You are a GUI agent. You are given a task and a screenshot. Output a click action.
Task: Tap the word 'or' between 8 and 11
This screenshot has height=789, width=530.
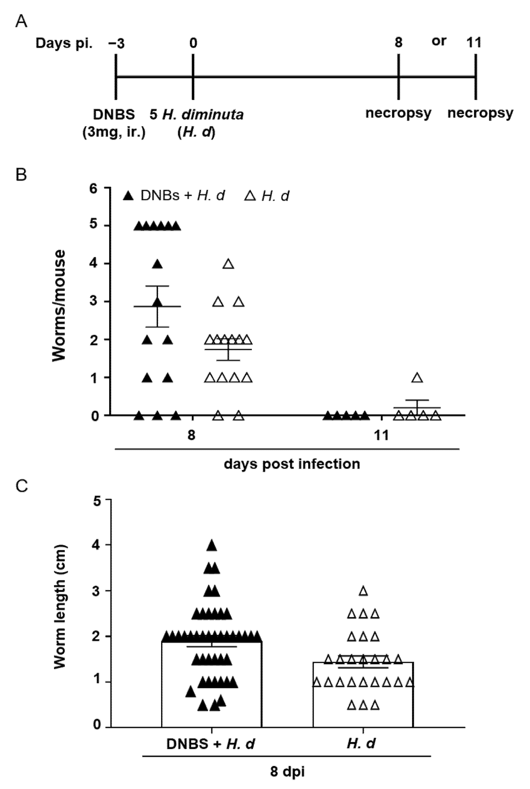[439, 41]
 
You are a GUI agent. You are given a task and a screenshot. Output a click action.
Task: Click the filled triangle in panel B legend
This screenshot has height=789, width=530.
[128, 196]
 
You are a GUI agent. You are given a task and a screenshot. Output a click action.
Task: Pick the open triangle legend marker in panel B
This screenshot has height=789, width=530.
[250, 196]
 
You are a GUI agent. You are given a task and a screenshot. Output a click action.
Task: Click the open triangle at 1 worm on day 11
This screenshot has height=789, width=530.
[418, 378]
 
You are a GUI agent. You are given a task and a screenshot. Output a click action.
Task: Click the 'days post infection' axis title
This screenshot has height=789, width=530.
[292, 464]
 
